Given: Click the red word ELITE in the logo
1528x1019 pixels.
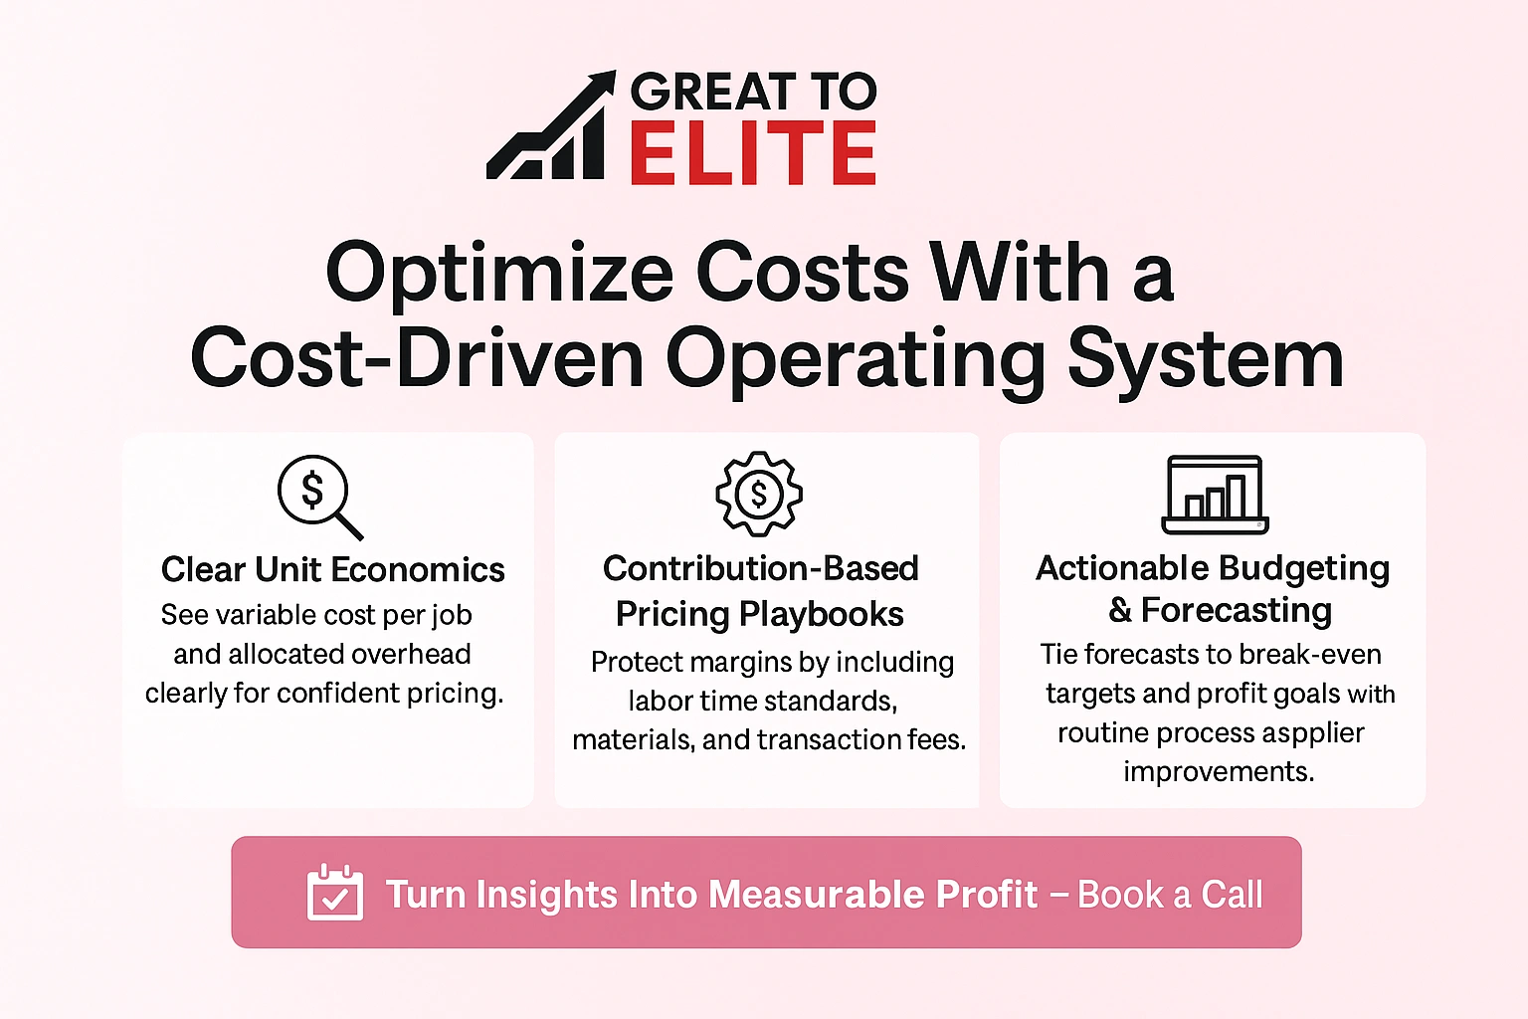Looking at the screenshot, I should coord(752,154).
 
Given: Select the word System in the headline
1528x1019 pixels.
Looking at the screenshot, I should coord(1205,360).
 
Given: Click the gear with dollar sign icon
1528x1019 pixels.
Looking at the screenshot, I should coord(759,494).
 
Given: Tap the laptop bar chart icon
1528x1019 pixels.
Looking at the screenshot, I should coord(1215,495).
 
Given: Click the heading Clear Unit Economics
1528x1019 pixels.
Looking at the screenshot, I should coord(333,569).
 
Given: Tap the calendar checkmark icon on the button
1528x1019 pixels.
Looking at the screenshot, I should coord(335,894).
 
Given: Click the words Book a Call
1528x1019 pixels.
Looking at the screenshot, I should coord(1170,895).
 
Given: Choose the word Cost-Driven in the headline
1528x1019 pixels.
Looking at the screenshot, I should coord(418,360).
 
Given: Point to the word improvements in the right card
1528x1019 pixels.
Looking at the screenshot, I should coord(1219,772).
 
